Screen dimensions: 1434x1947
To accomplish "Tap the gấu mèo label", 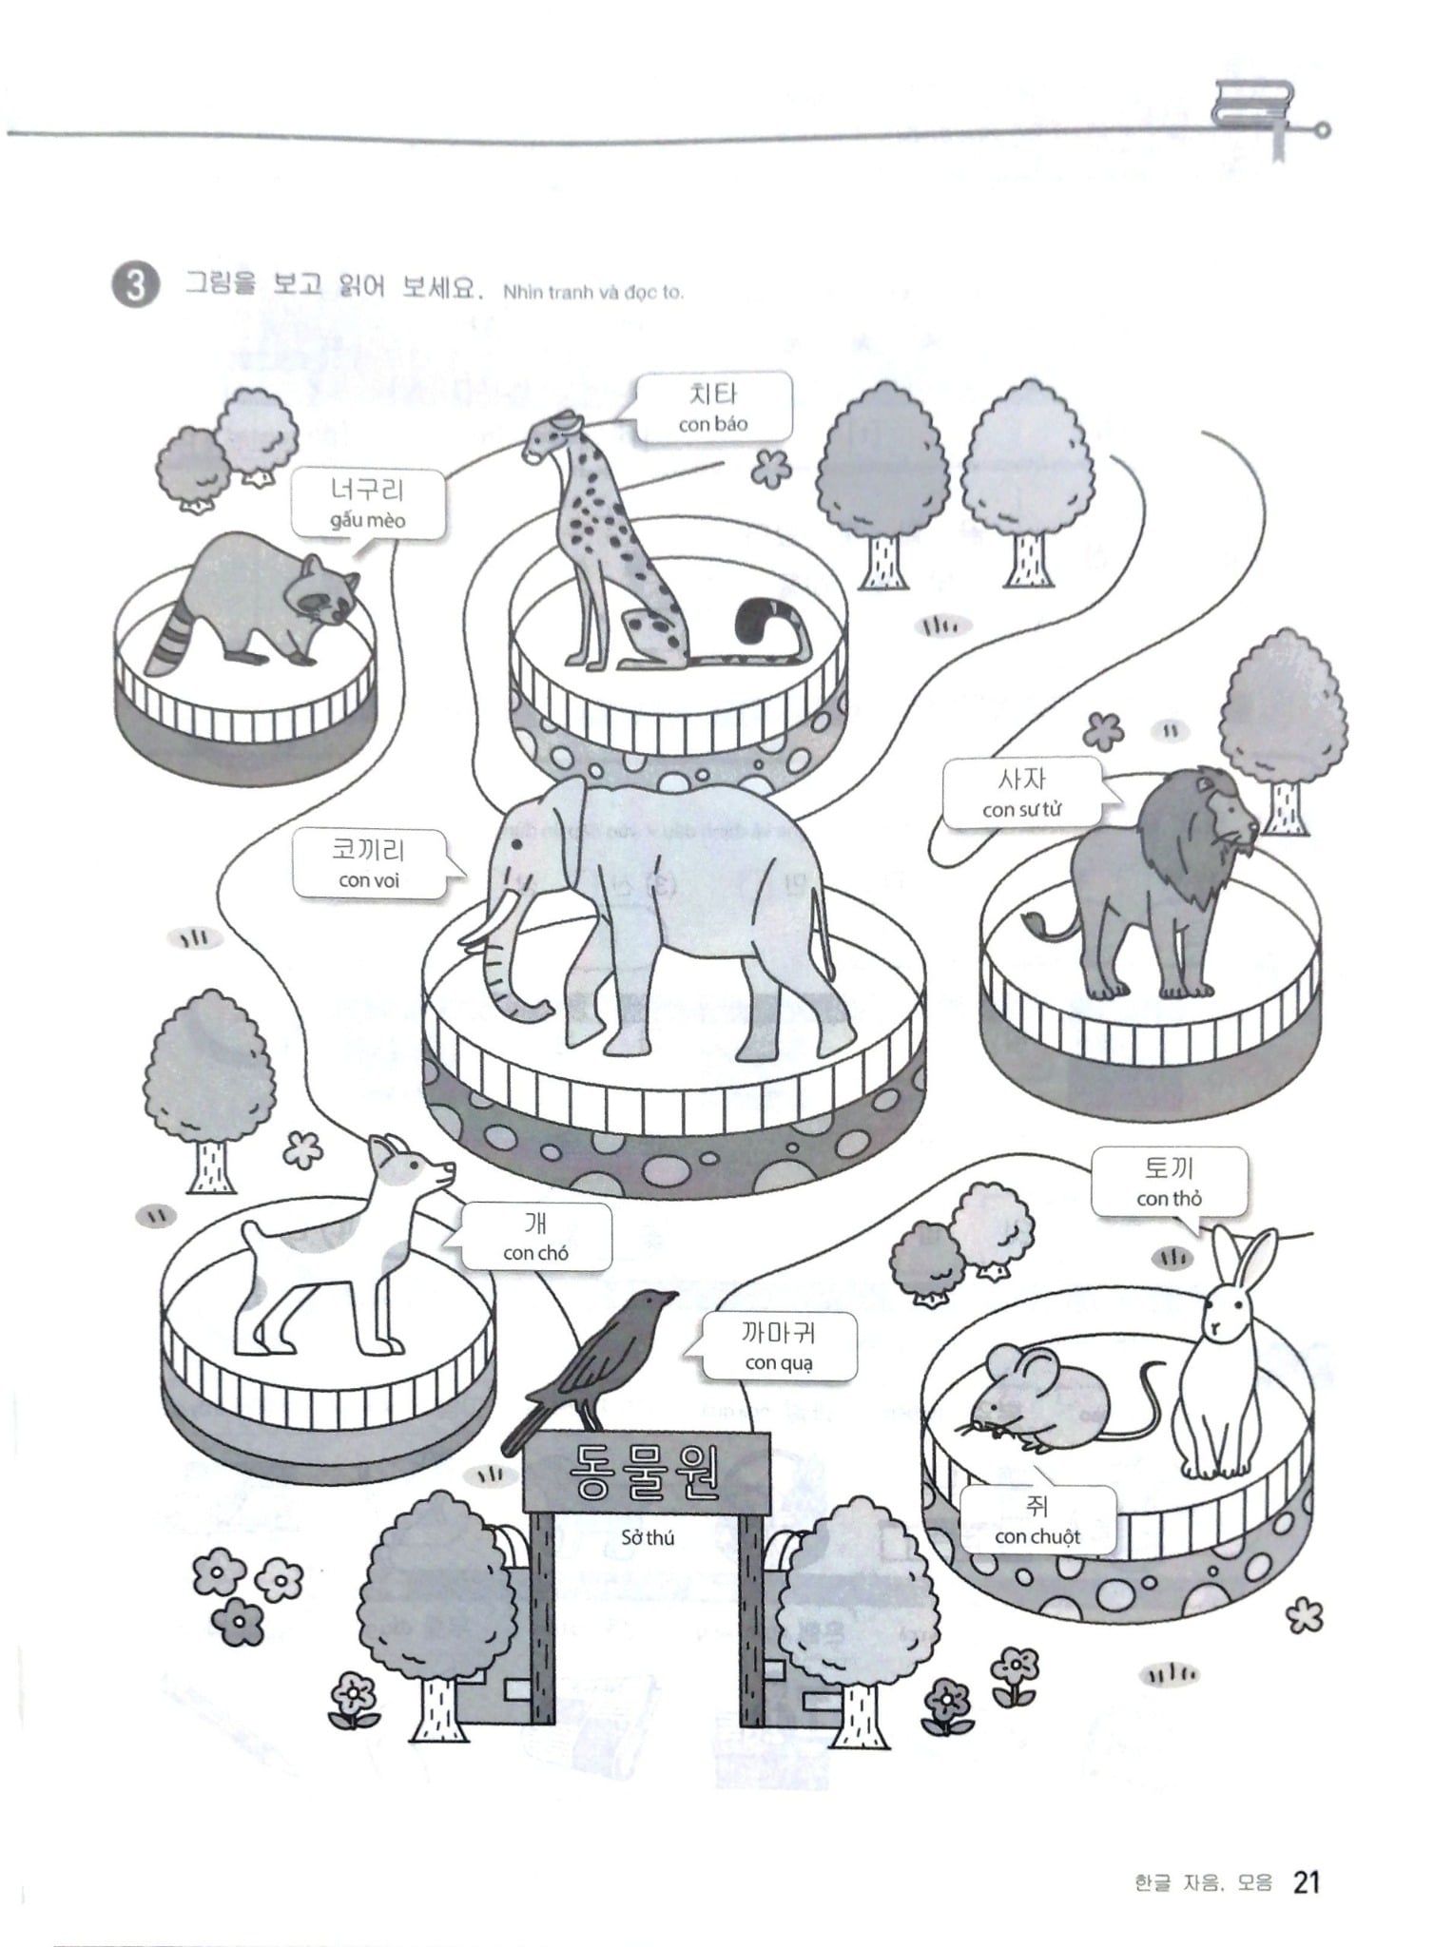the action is (368, 504).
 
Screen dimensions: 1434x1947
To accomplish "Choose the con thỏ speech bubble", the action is (1169, 1182).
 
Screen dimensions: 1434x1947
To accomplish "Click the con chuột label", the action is (1037, 1520).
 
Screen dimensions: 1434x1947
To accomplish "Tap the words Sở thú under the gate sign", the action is (648, 1537).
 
